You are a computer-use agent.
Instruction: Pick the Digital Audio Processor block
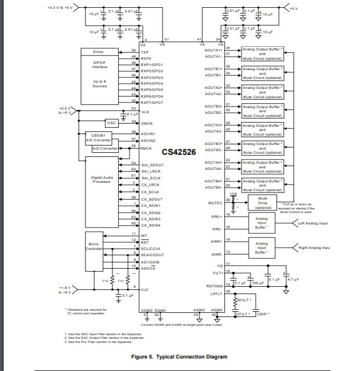pyautogui.click(x=101, y=180)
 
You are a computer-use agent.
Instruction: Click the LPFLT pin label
pyautogui.click(x=216, y=294)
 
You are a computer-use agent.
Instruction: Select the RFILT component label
pyautogui.click(x=245, y=300)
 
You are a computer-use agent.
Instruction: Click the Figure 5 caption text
pyautogui.click(x=179, y=356)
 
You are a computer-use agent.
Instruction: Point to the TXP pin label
pyautogui.click(x=145, y=52)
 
